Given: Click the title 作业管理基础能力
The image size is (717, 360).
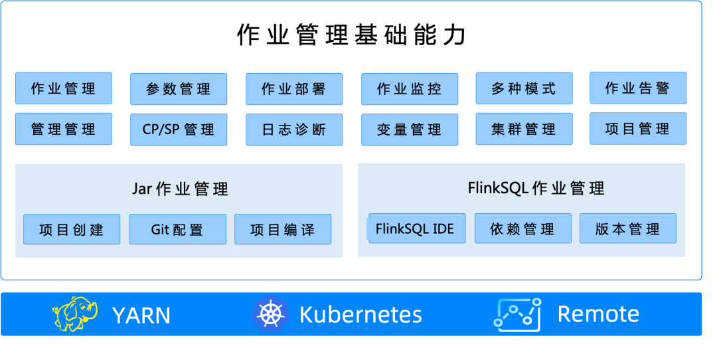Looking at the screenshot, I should [351, 35].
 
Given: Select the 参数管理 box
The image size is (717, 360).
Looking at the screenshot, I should [179, 89].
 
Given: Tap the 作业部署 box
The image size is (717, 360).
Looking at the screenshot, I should [294, 89].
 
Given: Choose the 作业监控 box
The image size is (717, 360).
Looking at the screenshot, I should [410, 89].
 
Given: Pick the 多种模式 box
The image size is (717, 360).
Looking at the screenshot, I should [524, 89].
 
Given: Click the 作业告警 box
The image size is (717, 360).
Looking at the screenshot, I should [638, 88].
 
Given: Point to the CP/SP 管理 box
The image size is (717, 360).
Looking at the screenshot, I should [179, 130].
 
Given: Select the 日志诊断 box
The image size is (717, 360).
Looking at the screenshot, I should [294, 130].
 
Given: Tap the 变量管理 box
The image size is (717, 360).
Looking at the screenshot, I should [410, 130].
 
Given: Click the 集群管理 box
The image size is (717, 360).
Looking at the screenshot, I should [524, 130].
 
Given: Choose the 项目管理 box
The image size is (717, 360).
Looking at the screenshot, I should [638, 129].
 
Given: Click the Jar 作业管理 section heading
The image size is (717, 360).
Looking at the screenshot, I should [180, 189].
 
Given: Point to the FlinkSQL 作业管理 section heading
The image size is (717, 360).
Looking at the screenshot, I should [536, 188].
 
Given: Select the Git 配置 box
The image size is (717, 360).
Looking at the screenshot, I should [177, 230].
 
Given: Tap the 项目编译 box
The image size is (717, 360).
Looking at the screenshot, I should [283, 230].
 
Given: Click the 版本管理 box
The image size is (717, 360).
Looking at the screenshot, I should [627, 229].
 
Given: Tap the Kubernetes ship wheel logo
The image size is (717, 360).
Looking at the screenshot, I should [270, 314].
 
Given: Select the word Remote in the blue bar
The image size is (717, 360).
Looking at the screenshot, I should [598, 314].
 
